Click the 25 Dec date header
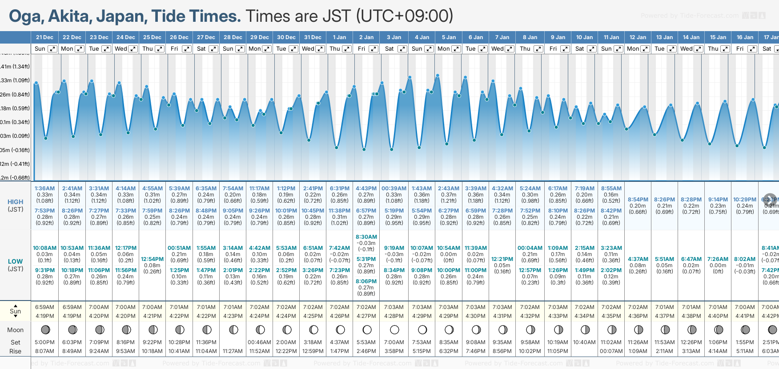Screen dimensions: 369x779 pos(152,37)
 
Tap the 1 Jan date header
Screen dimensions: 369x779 pos(339,37)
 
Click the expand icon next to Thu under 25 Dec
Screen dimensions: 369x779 pos(159,49)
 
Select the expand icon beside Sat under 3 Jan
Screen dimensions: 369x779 pos(402,49)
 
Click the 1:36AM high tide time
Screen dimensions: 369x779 pos(44,189)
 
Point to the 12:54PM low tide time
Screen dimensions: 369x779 pos(152,259)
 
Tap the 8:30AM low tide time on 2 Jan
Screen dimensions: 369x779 pos(366,237)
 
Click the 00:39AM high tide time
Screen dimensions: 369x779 pos(394,189)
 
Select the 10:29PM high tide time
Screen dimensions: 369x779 pos(745,200)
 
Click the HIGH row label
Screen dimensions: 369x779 pos(15,202)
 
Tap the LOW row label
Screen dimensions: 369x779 pos(15,261)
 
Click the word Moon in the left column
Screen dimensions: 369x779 pos(15,330)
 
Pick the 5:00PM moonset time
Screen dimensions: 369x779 pos(44,342)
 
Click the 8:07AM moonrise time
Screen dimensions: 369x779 pos(44,351)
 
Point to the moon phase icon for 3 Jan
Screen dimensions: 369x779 pos(394,330)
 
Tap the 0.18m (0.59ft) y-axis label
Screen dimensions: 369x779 pos(15,108)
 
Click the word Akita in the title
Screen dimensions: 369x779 pos(68,16)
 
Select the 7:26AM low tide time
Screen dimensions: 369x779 pos(718,259)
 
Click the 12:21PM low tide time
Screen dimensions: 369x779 pos(502,259)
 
